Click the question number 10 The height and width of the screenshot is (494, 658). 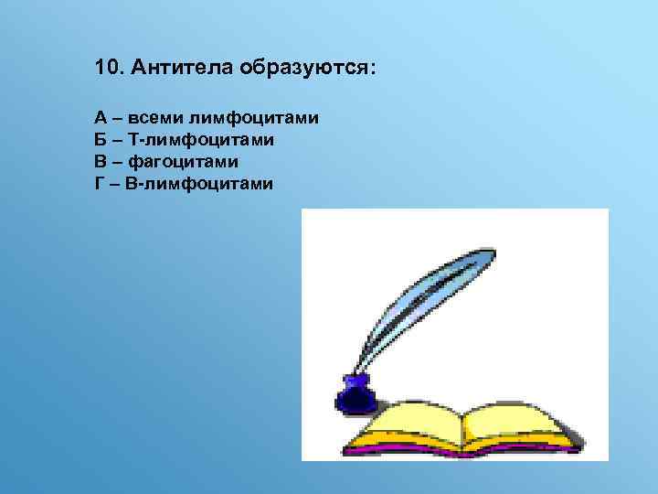point(108,69)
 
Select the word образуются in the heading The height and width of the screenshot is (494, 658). point(305,69)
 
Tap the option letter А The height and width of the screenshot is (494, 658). point(100,118)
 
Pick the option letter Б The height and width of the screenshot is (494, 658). point(100,140)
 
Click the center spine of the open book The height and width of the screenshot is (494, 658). point(463,428)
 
